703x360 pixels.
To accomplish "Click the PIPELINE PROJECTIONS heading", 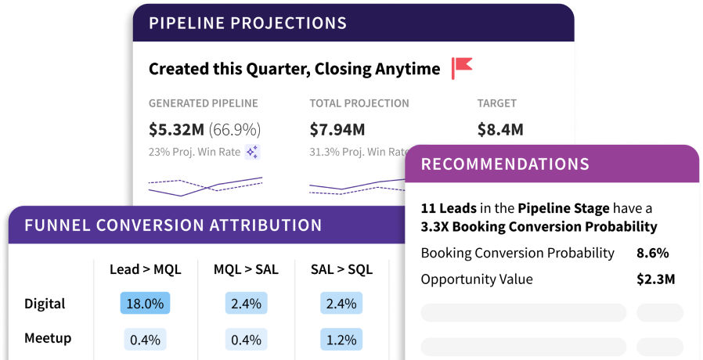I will pyautogui.click(x=247, y=22).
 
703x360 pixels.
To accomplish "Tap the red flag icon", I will pyautogui.click(x=462, y=68).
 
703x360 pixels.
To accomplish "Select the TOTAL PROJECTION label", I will pyautogui.click(x=359, y=103).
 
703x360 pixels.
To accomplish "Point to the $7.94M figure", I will pyautogui.click(x=337, y=129).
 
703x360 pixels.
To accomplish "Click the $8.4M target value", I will pyautogui.click(x=500, y=129).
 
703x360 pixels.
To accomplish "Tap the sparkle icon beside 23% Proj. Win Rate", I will pyautogui.click(x=252, y=152).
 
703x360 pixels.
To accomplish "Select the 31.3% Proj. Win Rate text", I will pyautogui.click(x=357, y=152).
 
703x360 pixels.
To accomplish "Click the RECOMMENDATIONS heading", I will pyautogui.click(x=505, y=164).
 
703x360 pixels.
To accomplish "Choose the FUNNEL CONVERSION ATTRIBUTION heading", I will pyautogui.click(x=173, y=225).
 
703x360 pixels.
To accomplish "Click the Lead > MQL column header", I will pyautogui.click(x=145, y=269).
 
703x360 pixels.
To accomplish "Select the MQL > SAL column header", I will pyautogui.click(x=247, y=269).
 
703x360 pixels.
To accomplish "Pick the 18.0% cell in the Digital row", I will pyautogui.click(x=145, y=304).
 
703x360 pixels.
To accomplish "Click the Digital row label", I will pyautogui.click(x=45, y=304).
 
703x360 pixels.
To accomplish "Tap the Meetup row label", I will pyautogui.click(x=48, y=338).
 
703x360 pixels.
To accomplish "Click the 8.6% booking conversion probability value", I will pyautogui.click(x=653, y=253).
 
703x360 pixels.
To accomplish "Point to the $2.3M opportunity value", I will pyautogui.click(x=655, y=279).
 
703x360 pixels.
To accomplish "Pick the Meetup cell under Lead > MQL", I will pyautogui.click(x=145, y=340).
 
